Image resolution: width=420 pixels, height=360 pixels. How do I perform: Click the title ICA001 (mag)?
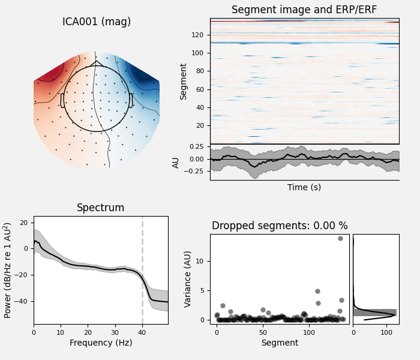click(x=97, y=22)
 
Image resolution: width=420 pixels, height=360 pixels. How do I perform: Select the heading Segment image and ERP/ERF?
click(x=304, y=10)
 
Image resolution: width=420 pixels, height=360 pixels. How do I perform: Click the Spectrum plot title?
click(x=100, y=208)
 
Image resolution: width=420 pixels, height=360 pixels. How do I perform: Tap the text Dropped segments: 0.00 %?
click(x=280, y=226)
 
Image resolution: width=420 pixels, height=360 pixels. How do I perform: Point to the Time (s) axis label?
click(x=304, y=187)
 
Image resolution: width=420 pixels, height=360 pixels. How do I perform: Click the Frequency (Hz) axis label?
click(x=100, y=343)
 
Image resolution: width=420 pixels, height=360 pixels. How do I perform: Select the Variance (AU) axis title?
click(x=188, y=278)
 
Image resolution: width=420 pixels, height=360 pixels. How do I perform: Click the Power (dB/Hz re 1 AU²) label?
click(x=8, y=270)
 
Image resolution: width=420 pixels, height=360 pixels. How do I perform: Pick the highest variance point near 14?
click(x=340, y=238)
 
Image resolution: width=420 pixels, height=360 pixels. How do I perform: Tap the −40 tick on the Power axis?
click(x=23, y=301)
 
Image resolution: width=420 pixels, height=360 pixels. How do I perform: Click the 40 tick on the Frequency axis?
click(x=142, y=332)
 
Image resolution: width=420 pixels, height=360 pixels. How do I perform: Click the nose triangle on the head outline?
click(x=97, y=63)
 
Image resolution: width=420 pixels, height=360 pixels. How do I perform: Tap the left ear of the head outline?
click(x=62, y=100)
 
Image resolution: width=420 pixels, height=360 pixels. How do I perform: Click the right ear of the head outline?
click(x=131, y=100)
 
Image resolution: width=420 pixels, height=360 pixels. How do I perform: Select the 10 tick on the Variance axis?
click(x=202, y=261)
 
